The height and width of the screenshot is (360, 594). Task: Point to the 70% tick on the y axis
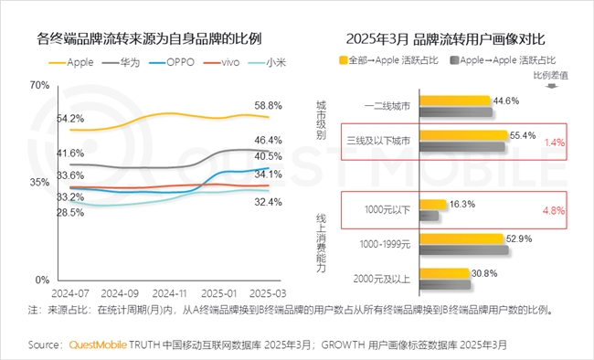[x=38, y=85]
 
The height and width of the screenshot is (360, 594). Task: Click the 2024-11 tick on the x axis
[x=169, y=293]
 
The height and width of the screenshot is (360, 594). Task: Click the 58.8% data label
[x=268, y=105]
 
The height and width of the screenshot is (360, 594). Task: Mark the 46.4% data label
[x=268, y=140]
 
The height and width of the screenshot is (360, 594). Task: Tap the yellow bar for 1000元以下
[x=434, y=205]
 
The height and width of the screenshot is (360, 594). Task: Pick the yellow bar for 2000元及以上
[x=444, y=273]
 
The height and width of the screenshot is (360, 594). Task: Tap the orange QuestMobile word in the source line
[x=99, y=345]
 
